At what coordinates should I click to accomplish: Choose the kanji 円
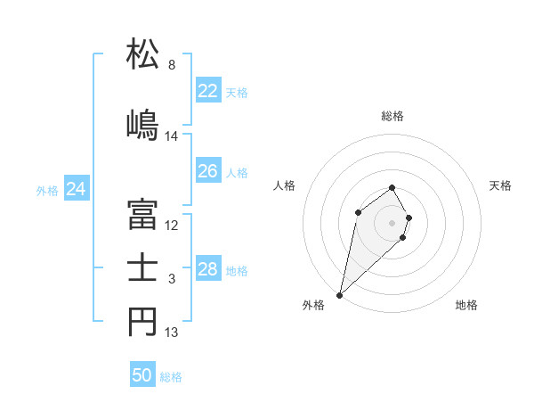(x=143, y=323)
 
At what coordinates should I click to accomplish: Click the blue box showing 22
(x=207, y=91)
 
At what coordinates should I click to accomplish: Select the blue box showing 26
(x=207, y=171)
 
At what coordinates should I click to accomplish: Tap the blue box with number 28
(x=207, y=269)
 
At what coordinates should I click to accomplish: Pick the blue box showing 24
(x=76, y=189)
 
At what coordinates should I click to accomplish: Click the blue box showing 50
(x=142, y=375)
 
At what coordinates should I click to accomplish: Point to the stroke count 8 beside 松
(x=172, y=65)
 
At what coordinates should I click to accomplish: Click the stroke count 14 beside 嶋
(x=172, y=136)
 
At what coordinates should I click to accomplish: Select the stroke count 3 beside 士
(x=172, y=280)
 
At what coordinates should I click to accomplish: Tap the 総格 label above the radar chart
(x=392, y=116)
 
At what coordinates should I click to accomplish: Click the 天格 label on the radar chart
(x=500, y=185)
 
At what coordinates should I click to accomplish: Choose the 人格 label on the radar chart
(x=284, y=185)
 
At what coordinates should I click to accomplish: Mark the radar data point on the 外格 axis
(x=339, y=294)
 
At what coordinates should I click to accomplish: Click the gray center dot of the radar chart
(x=392, y=222)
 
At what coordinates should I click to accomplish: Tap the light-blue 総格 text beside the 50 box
(x=171, y=377)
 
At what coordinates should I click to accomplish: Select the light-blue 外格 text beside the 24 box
(x=47, y=190)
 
